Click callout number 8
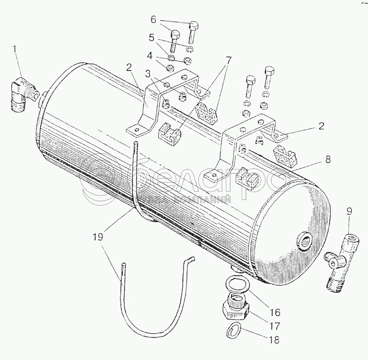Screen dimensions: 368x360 click(328, 160)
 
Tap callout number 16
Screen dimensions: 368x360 click(275, 312)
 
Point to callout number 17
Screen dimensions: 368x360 click(275, 327)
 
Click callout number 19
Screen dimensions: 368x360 click(98, 237)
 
